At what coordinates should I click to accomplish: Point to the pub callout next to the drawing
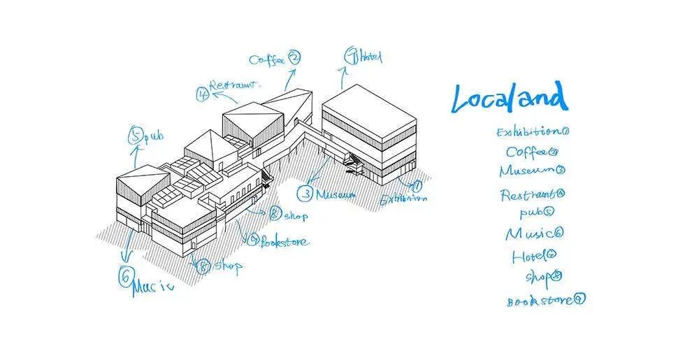[x=153, y=137]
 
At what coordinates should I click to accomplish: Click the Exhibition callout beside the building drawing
[x=403, y=199]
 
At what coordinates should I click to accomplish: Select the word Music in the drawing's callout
[x=152, y=286]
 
